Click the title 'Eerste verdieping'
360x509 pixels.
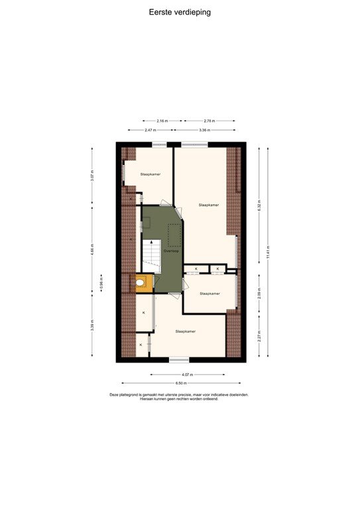[x=180, y=12]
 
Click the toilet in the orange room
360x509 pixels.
[x=143, y=284]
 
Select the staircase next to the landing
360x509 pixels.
[x=152, y=255]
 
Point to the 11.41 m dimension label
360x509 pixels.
[x=268, y=253]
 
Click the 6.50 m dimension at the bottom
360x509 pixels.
[x=180, y=383]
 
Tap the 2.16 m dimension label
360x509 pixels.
[x=162, y=121]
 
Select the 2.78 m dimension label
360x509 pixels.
[x=210, y=121]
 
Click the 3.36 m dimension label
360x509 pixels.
[x=204, y=130]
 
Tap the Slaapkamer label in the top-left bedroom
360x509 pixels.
[x=150, y=174]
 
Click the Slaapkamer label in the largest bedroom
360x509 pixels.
[x=209, y=205]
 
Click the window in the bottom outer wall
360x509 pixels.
[x=178, y=360]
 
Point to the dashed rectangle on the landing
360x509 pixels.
[x=174, y=235]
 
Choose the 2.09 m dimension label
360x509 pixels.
[x=259, y=293]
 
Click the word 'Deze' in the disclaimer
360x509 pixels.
[x=115, y=395]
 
